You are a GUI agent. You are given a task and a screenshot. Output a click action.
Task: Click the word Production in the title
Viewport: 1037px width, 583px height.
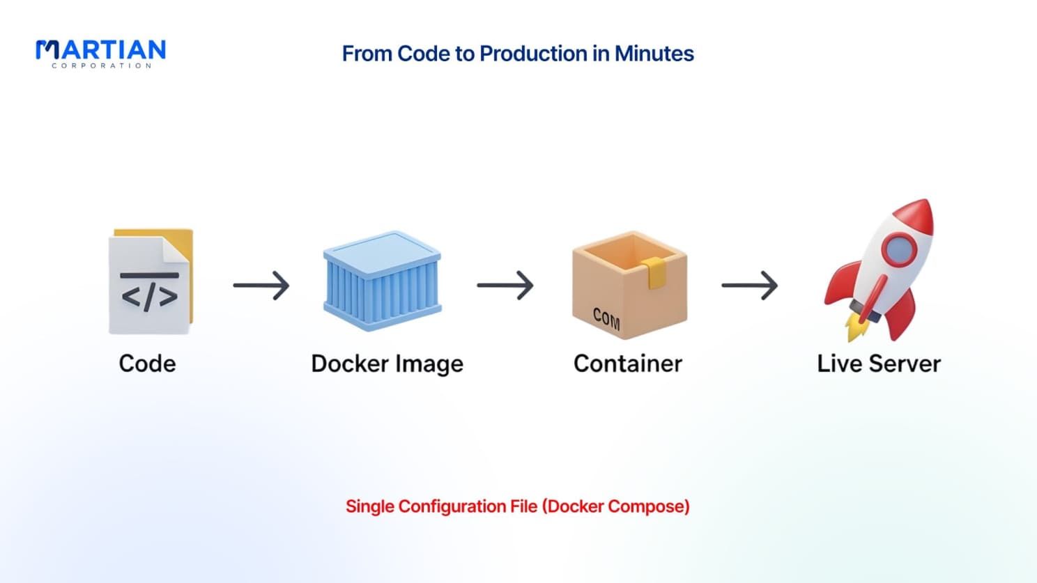534,54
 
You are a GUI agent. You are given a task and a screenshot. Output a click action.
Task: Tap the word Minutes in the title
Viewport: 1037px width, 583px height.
654,54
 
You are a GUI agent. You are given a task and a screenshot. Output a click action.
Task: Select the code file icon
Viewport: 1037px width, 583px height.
151,281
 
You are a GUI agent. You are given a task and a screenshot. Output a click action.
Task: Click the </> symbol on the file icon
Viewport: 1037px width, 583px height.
149,297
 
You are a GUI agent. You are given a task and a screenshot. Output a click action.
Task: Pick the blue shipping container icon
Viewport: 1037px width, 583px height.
383,281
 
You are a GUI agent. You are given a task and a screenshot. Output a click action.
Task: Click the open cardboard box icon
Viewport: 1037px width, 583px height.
629,285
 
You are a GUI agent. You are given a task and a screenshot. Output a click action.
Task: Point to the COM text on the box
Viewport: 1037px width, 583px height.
606,319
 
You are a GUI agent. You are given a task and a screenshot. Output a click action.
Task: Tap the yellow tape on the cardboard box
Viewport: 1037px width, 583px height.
654,272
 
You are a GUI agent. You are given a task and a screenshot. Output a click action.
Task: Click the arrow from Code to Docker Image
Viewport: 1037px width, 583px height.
261,286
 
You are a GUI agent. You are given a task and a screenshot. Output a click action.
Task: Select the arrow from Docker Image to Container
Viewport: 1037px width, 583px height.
505,286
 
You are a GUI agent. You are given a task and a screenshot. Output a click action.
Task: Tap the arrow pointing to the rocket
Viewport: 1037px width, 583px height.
750,286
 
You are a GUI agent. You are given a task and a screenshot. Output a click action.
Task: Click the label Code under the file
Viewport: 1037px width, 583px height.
147,364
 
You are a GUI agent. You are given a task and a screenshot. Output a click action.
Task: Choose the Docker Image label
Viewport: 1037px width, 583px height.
387,364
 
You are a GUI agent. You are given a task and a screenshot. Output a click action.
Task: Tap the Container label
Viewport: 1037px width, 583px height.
628,364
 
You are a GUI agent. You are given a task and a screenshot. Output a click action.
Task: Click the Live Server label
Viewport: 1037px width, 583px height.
879,364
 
